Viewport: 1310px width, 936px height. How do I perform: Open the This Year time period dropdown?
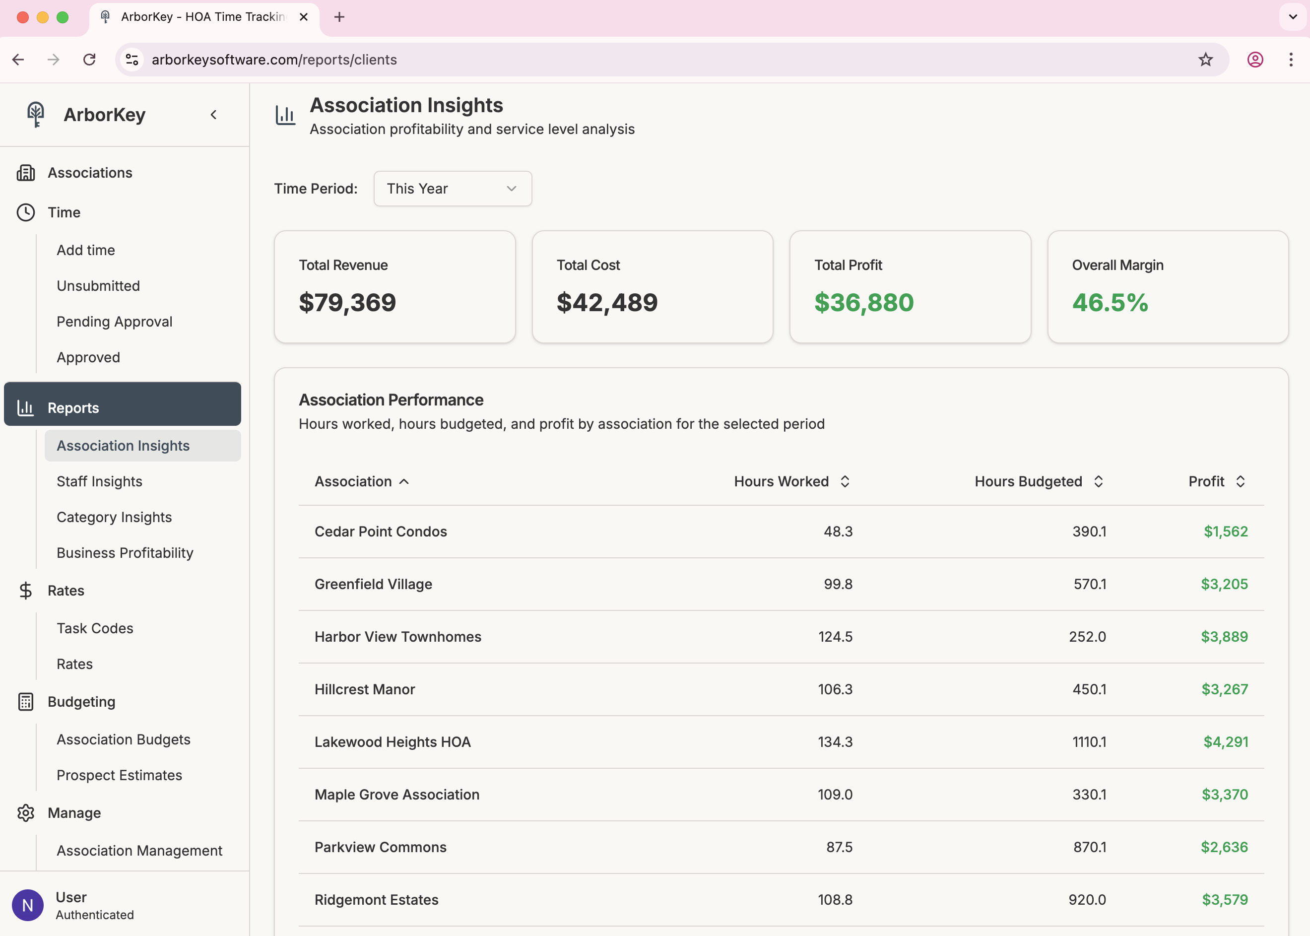[453, 189]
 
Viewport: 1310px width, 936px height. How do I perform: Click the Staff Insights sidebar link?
[99, 481]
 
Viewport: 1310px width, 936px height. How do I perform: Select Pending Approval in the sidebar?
[114, 322]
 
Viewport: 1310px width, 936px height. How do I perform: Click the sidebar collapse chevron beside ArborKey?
[214, 115]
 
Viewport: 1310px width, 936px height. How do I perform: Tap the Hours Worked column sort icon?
[845, 481]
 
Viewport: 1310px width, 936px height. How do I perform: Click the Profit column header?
[1206, 481]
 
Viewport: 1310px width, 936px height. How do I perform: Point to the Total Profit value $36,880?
[863, 303]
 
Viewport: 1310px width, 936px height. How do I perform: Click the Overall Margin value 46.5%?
[1110, 303]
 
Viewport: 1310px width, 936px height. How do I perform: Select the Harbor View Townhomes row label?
[397, 636]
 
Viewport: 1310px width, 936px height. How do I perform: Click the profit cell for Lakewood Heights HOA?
[1225, 742]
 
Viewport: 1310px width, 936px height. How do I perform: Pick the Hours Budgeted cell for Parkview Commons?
[1089, 847]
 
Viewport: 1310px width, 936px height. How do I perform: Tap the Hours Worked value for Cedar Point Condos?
[838, 532]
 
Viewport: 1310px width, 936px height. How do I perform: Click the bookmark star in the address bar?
[1205, 60]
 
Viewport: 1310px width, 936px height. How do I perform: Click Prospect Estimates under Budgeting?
[119, 775]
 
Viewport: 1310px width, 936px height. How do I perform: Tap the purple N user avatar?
[28, 905]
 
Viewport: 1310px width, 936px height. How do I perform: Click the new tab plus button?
[339, 17]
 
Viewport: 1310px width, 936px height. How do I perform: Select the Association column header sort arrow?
[404, 481]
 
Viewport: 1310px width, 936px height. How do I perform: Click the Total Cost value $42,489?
[607, 303]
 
